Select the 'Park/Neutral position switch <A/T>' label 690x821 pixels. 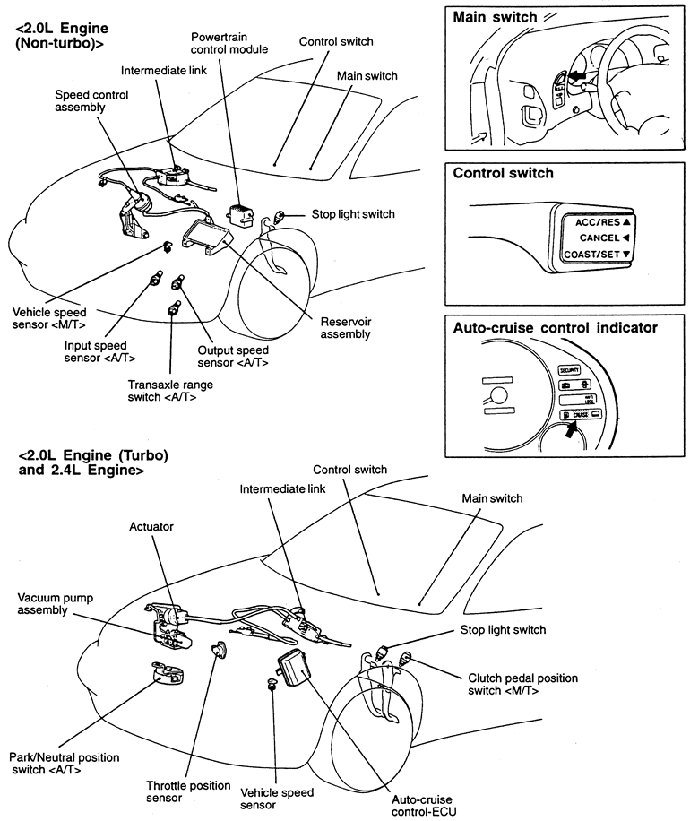click(65, 764)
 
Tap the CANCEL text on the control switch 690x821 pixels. click(599, 238)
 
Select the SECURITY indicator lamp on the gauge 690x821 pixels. click(569, 369)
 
